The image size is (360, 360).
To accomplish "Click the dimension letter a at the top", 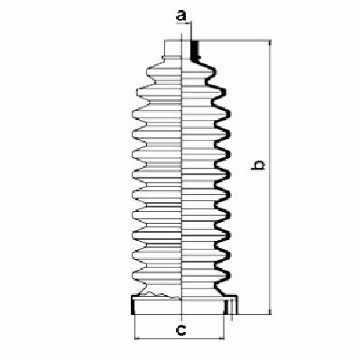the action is coord(180,15).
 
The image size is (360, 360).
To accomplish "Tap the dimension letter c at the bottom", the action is coord(180,330).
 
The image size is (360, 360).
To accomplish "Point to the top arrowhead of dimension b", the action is coord(270,43).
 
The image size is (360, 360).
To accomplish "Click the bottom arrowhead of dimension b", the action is coord(270,311).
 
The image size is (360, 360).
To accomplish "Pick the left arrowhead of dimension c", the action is coord(137,338).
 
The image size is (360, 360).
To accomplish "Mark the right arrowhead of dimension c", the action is coord(221,338).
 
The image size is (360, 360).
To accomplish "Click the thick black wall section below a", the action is coord(195,51).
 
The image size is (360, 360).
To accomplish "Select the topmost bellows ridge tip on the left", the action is coord(148,71).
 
